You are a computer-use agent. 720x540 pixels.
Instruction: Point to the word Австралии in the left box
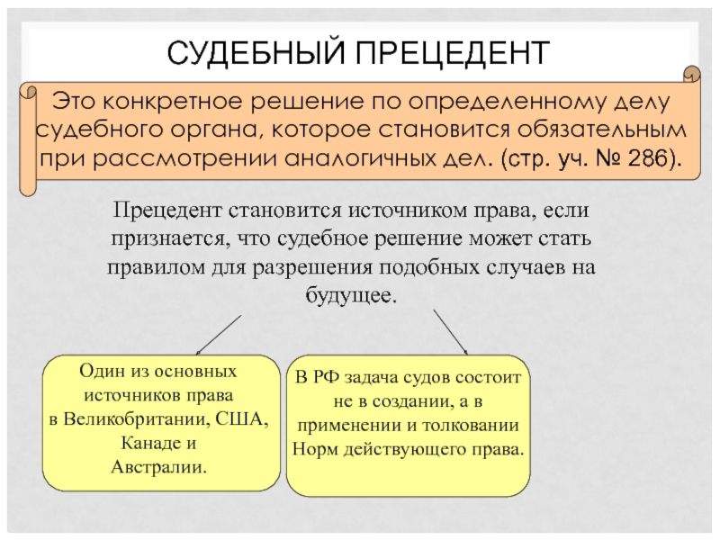click(158, 468)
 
